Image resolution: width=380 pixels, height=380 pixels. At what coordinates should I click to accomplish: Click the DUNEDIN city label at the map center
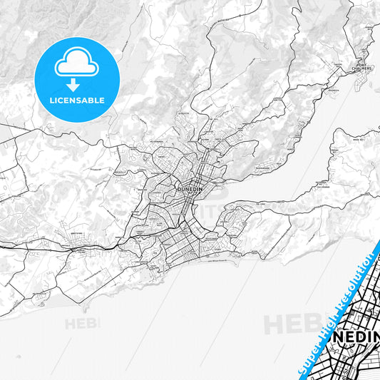coord(188,190)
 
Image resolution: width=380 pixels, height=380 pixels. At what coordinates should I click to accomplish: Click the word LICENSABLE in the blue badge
coord(76,100)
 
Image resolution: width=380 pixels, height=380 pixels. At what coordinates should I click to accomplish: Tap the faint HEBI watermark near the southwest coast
coord(83,323)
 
